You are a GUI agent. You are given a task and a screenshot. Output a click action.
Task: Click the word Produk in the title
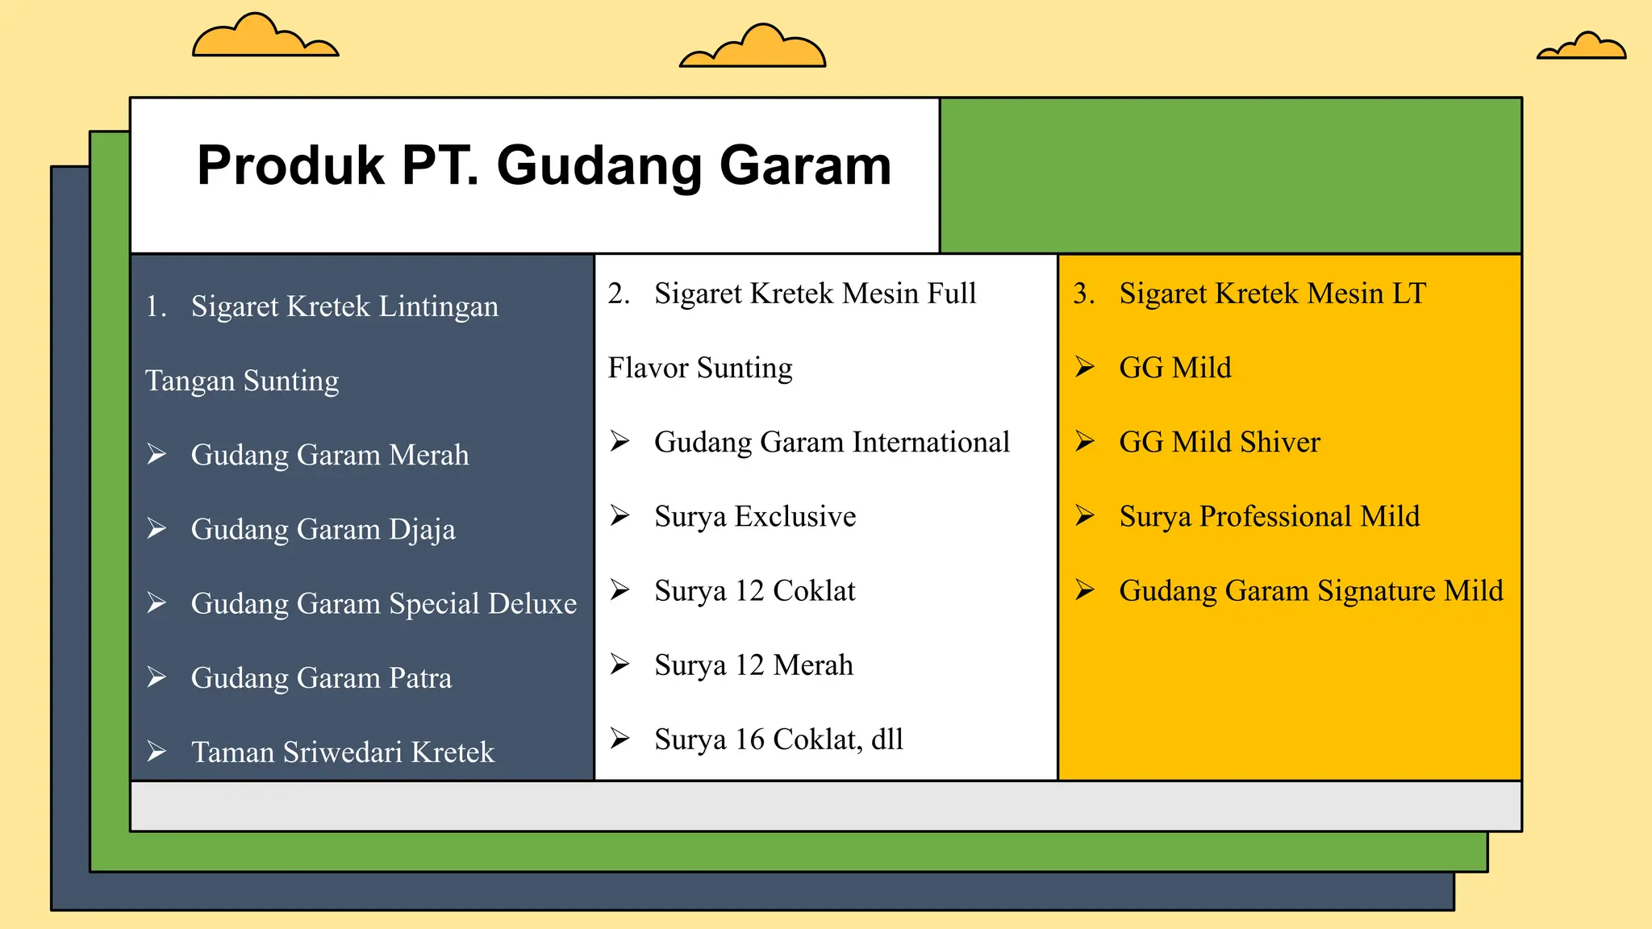pyautogui.click(x=290, y=166)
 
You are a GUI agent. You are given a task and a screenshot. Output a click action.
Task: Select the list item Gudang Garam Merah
pyautogui.click(x=329, y=456)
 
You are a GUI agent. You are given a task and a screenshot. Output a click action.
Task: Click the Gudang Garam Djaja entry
pyautogui.click(x=323, y=530)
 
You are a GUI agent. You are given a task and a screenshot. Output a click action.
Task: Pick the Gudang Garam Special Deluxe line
pyautogui.click(x=384, y=604)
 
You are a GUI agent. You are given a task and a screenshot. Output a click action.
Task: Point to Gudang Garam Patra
pyautogui.click(x=321, y=678)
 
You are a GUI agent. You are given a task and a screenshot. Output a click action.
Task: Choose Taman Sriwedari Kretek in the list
pyautogui.click(x=342, y=752)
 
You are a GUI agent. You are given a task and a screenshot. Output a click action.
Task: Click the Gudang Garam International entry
pyautogui.click(x=832, y=443)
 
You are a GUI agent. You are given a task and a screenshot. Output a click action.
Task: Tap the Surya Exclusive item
pyautogui.click(x=755, y=517)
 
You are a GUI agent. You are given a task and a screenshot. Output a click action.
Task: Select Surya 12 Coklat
pyautogui.click(x=754, y=591)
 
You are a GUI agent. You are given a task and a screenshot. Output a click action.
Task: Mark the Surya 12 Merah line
pyautogui.click(x=753, y=665)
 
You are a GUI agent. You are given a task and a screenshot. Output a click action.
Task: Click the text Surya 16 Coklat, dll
pyautogui.click(x=778, y=739)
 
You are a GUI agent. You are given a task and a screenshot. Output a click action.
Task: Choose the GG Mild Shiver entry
pyautogui.click(x=1219, y=443)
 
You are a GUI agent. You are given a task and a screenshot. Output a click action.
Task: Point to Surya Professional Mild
pyautogui.click(x=1269, y=517)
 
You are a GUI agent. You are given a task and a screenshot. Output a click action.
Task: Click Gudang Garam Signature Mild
pyautogui.click(x=1311, y=591)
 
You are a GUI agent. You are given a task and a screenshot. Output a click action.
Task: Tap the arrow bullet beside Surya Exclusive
pyautogui.click(x=619, y=515)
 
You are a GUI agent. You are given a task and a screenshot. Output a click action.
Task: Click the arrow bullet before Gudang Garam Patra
pyautogui.click(x=156, y=677)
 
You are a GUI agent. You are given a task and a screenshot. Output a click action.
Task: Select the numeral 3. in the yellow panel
pyautogui.click(x=1083, y=294)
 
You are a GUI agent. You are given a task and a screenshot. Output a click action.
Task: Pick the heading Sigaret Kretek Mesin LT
pyautogui.click(x=1272, y=294)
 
